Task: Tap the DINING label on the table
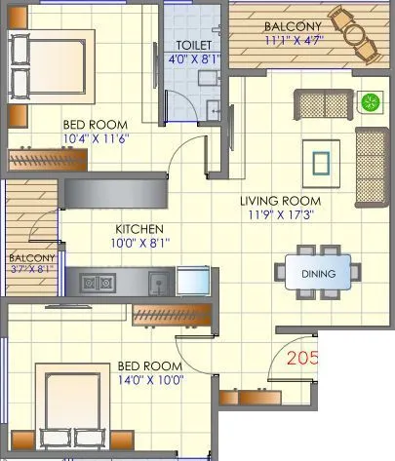[317, 274]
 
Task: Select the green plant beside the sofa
[370, 101]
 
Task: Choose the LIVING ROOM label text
[281, 202]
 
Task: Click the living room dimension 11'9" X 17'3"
[281, 216]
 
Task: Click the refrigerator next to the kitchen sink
[194, 283]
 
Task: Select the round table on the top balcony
[355, 34]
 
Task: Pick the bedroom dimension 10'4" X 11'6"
[96, 139]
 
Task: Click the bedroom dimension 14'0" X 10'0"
[150, 380]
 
